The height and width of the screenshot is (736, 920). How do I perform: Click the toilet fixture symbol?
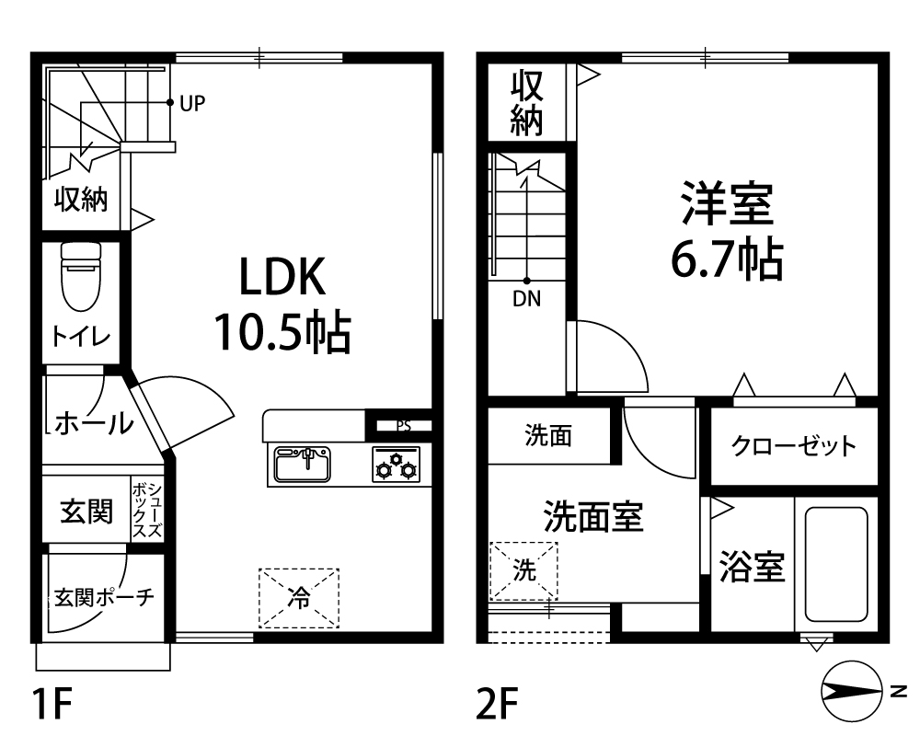(x=81, y=276)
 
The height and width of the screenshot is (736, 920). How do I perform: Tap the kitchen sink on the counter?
(x=303, y=465)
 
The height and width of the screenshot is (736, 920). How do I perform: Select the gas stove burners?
(x=396, y=465)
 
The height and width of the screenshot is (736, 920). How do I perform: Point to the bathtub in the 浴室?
(x=836, y=564)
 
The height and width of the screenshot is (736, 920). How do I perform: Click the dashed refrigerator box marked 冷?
(x=299, y=597)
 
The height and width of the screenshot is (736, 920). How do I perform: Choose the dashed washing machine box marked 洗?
(x=523, y=570)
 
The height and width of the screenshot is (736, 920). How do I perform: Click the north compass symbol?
(x=851, y=692)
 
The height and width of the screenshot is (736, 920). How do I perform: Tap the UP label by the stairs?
(x=192, y=104)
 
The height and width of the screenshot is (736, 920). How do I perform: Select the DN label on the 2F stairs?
(x=526, y=299)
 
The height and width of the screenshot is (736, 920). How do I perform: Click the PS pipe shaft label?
(x=404, y=426)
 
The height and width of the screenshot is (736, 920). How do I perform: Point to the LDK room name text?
(x=282, y=277)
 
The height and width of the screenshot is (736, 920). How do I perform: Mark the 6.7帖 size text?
(x=727, y=259)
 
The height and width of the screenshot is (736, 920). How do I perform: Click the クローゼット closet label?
(x=793, y=446)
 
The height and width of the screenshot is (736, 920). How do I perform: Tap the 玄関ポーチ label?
(x=105, y=597)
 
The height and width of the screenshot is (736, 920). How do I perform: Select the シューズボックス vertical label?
(x=147, y=511)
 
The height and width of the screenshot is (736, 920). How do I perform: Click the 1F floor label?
(x=52, y=704)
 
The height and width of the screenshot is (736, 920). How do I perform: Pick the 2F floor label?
(x=497, y=704)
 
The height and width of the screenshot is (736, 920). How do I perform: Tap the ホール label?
(x=94, y=422)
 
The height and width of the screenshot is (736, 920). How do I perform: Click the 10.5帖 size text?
(x=282, y=332)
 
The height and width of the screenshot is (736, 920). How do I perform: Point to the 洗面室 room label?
(x=593, y=516)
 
